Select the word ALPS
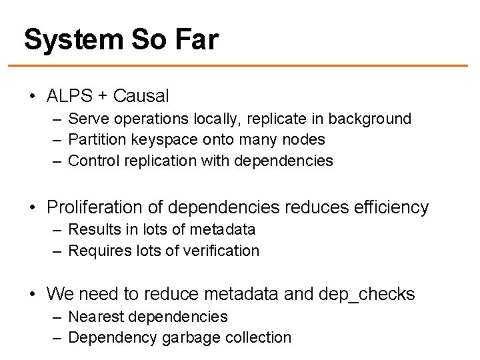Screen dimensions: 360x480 (69, 96)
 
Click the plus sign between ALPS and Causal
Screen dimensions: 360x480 (104, 96)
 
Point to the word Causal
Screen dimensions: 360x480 (141, 96)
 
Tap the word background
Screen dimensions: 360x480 (369, 119)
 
